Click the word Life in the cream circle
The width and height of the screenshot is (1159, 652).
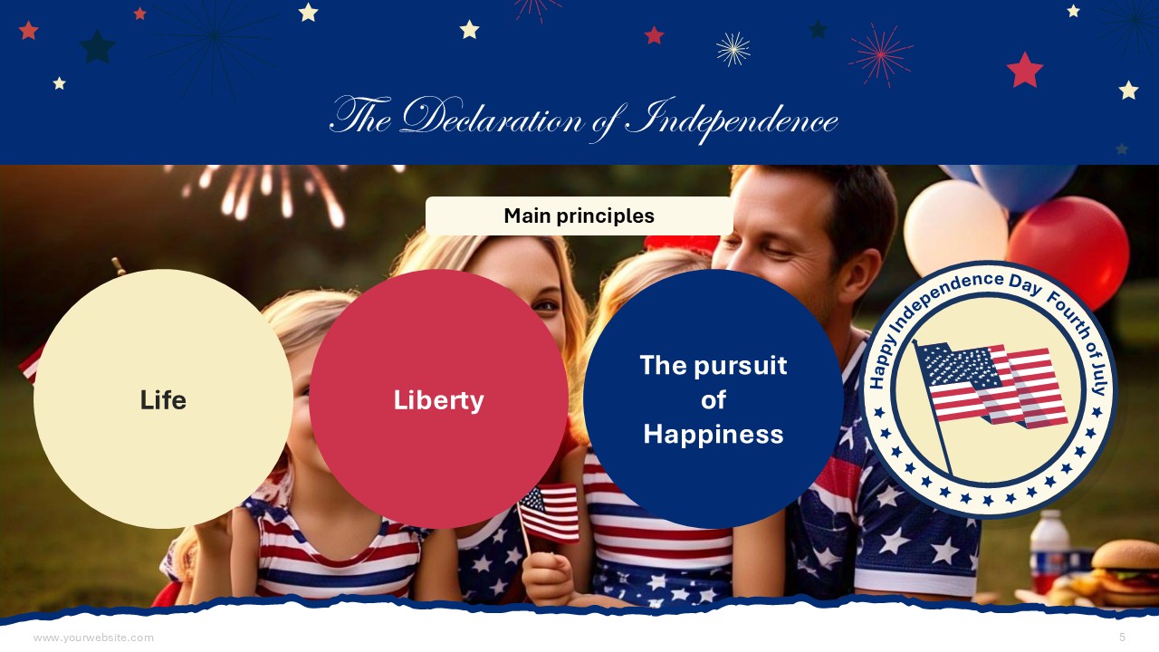[x=163, y=400]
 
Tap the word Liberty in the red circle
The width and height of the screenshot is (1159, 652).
[x=439, y=400]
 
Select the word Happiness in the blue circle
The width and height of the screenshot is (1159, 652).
[x=714, y=434]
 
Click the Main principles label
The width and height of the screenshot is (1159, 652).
[x=579, y=216]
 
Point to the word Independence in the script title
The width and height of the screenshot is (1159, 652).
[x=732, y=120]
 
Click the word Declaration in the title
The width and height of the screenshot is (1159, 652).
[x=492, y=117]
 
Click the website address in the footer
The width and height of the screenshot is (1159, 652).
[x=93, y=638]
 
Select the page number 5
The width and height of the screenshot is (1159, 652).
[x=1122, y=637]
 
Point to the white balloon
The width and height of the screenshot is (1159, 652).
[x=955, y=227]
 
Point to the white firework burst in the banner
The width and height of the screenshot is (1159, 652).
[x=733, y=49]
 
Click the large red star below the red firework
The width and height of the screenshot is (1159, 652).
[x=1024, y=70]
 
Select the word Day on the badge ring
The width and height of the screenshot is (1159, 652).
[x=1025, y=284]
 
